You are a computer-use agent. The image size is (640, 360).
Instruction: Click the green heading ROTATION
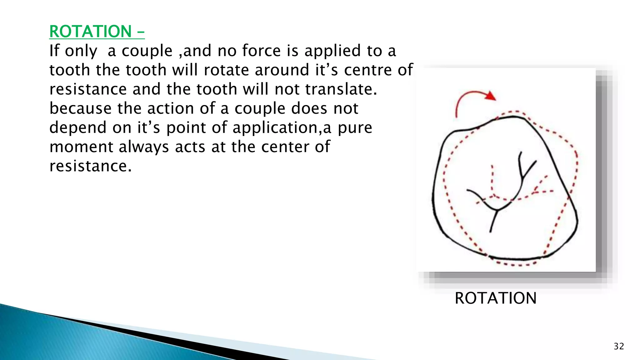point(91,32)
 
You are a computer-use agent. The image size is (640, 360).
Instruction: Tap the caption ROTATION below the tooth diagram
point(495,298)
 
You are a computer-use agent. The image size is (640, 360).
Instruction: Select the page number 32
point(619,346)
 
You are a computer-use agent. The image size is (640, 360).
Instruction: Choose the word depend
point(78,128)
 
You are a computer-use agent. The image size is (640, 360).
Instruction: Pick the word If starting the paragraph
point(54,51)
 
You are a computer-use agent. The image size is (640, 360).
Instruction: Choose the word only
point(81,51)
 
